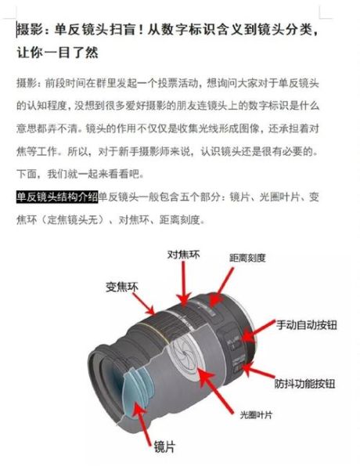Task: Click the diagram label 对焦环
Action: tap(185, 255)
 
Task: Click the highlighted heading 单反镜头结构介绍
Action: tap(56, 196)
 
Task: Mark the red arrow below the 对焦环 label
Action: tap(185, 282)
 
